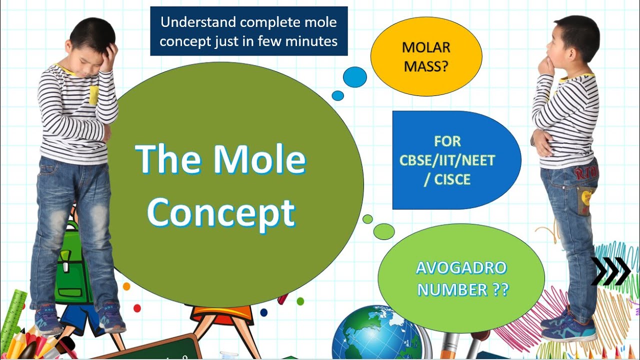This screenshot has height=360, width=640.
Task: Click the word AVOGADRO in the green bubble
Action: (461, 268)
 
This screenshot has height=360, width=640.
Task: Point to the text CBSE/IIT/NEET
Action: (447, 160)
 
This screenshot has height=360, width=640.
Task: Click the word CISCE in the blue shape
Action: (453, 179)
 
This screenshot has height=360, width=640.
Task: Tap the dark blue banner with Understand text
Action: (248, 31)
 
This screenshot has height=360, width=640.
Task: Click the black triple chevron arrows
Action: (610, 271)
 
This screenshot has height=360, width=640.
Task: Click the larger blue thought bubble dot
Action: (354, 77)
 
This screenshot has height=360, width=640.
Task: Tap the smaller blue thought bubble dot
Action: (338, 95)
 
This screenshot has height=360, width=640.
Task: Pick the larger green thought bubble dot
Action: (383, 231)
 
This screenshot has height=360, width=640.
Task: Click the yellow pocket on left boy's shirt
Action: (93, 94)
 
